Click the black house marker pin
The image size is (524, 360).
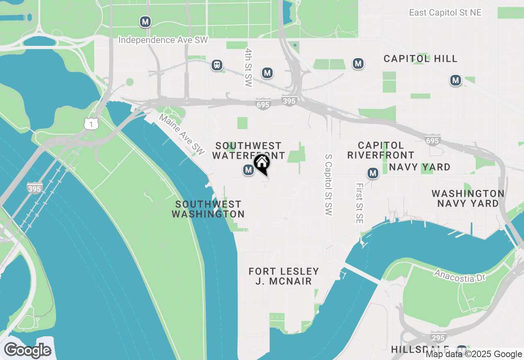pos(262,164)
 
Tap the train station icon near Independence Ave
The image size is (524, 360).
pos(217,65)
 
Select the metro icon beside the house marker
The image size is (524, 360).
pos(248,170)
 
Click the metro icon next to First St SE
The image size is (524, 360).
pos(373,173)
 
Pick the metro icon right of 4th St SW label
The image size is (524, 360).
pos(267,73)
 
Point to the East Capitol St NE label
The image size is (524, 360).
pos(445,13)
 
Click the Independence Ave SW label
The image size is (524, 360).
pos(163,40)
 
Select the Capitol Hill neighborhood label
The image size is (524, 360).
pos(420,59)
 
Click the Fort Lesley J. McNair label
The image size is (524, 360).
pos(284,276)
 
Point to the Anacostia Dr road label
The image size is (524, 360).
pos(460,275)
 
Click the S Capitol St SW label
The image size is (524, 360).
pos(328,184)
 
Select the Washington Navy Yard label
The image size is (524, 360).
pos(468,198)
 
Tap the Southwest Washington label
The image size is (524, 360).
pos(208,209)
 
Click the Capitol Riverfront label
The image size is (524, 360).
pos(381,150)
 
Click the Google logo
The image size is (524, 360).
pos(27,350)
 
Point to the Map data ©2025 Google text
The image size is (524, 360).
pos(474,354)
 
